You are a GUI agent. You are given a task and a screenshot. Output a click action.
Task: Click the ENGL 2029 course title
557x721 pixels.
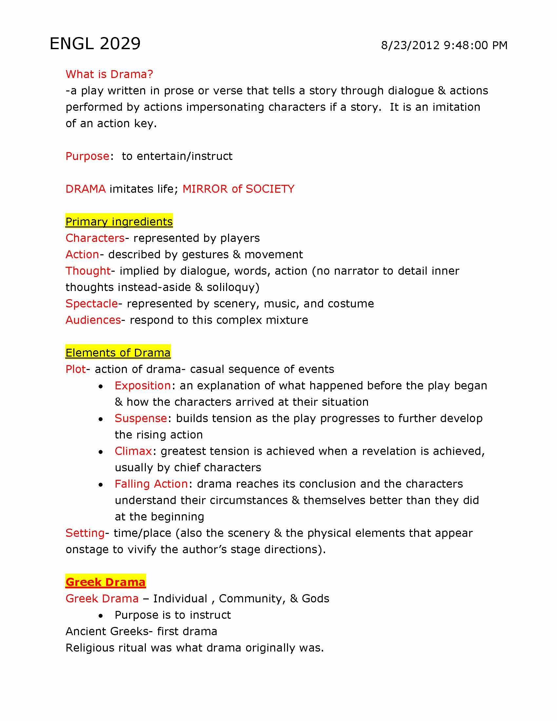[x=95, y=44]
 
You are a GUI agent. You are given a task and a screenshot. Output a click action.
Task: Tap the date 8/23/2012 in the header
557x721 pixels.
[x=410, y=45]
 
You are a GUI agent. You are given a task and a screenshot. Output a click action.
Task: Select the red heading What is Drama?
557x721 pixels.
[x=109, y=74]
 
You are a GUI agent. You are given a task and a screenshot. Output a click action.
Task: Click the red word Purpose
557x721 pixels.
[x=87, y=156]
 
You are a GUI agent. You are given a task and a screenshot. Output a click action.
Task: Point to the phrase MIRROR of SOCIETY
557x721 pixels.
[x=238, y=189]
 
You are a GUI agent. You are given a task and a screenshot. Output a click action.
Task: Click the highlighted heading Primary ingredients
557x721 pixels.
[x=119, y=222]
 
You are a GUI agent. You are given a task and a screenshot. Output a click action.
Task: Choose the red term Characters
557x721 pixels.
[x=95, y=238]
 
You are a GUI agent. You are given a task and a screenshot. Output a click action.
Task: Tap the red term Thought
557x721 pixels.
[x=88, y=271]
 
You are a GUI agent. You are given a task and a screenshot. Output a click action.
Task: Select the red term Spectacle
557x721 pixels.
[x=91, y=303]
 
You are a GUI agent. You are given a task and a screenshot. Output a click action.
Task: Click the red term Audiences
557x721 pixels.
[x=93, y=320]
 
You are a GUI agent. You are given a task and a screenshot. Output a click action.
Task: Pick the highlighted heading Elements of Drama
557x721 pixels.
[x=118, y=353]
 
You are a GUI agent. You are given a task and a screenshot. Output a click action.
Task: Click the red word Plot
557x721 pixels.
[x=76, y=369]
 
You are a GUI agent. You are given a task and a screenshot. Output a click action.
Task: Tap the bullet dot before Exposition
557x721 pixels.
[x=101, y=386]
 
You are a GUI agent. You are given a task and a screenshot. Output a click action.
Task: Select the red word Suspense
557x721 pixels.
[x=141, y=418]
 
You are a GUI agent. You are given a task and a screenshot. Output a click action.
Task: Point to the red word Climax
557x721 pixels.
[x=133, y=451]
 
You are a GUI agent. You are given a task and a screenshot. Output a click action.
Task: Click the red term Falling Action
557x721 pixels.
[x=151, y=484]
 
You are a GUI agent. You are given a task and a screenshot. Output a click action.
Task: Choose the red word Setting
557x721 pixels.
[x=85, y=533]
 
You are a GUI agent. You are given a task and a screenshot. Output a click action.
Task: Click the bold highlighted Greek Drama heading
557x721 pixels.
[x=106, y=582]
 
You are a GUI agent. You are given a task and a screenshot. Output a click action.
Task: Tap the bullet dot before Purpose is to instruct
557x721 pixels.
[x=101, y=616]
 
